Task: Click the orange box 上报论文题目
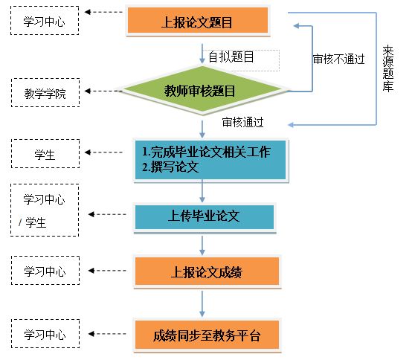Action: point(198,20)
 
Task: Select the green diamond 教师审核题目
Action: point(202,91)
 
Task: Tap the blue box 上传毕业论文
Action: point(205,216)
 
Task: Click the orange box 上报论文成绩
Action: point(207,271)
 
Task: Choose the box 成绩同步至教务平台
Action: point(207,335)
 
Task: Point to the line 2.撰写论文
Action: point(170,167)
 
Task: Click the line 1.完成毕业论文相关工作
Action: point(206,152)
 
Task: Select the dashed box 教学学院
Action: point(45,93)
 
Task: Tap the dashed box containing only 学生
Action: point(45,153)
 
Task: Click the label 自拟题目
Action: point(231,57)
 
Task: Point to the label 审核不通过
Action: point(339,59)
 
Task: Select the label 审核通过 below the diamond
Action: point(242,122)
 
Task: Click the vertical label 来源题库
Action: point(388,68)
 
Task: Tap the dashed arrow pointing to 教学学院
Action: point(103,91)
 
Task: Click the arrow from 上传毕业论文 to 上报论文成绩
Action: point(202,245)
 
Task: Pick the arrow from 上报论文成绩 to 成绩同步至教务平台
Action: point(202,304)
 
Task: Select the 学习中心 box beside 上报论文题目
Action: point(45,20)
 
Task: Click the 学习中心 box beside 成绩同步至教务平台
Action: point(45,333)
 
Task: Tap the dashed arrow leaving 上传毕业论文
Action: point(107,214)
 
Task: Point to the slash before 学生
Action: point(20,222)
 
